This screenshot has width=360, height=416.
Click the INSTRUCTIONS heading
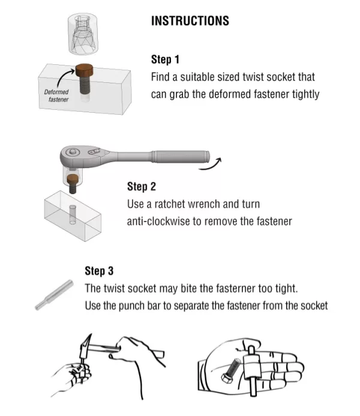[x=190, y=21]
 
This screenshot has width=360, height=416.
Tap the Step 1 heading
[x=165, y=59]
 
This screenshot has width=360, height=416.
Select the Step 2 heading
[x=141, y=187]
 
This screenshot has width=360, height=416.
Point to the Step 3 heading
[x=99, y=271]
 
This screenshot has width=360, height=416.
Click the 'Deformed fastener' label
[x=56, y=95]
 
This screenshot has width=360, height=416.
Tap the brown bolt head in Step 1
[x=85, y=70]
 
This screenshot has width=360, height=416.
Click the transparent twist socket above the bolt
[x=83, y=34]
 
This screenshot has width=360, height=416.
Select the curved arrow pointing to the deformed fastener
[x=64, y=76]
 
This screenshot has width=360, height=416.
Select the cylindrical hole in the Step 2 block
[x=73, y=214]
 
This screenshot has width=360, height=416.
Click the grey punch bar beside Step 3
[x=54, y=295]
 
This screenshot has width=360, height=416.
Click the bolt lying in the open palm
[x=230, y=370]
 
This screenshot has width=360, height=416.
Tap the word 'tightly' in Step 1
[x=305, y=94]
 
